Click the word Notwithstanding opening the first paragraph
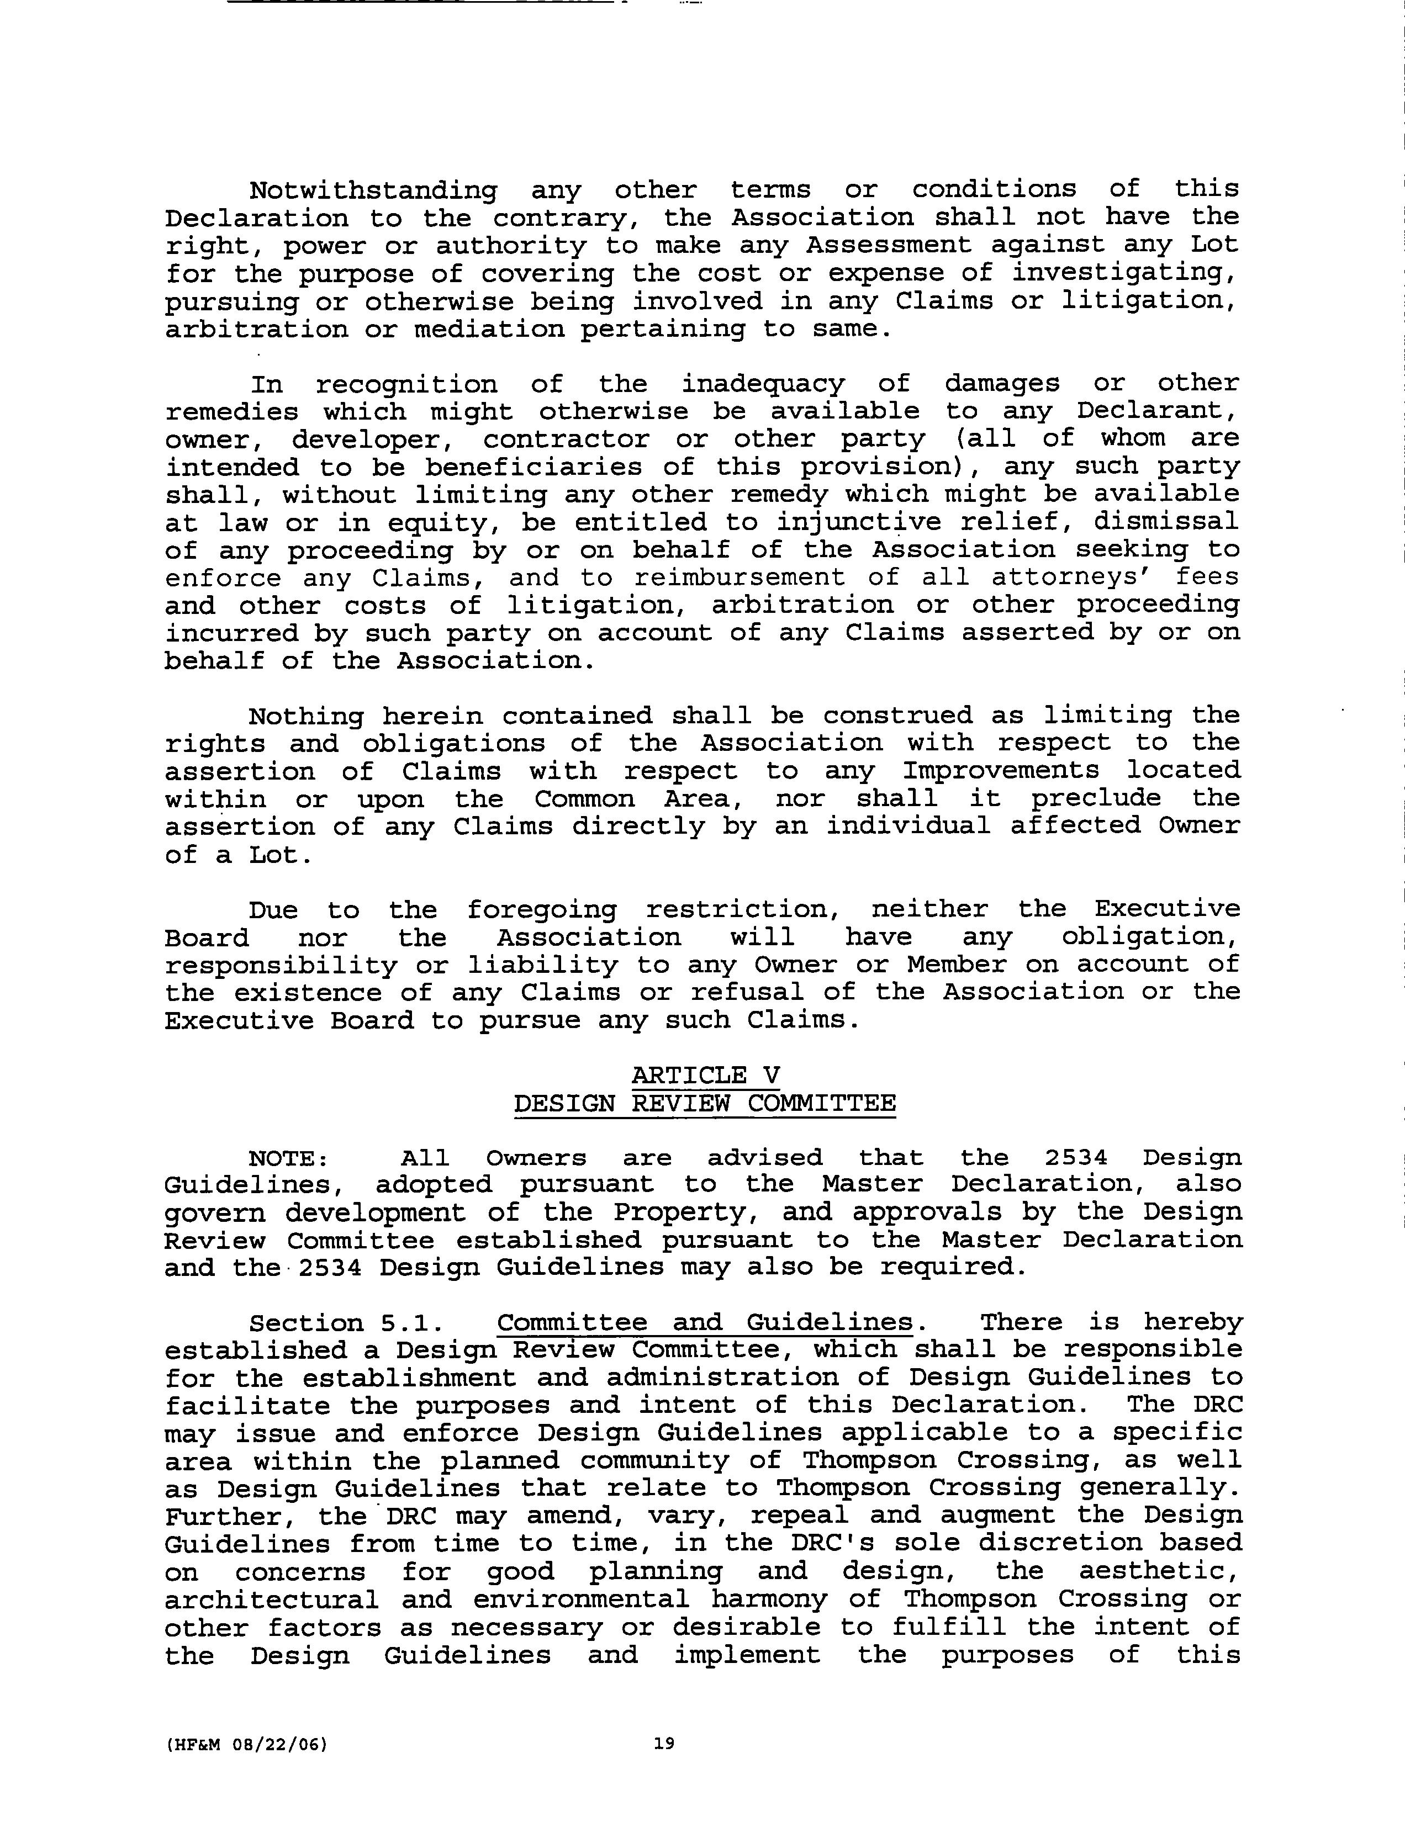(373, 191)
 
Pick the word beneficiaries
(534, 467)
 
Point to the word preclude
(1096, 798)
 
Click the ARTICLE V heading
(705, 1076)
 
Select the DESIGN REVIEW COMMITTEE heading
(705, 1104)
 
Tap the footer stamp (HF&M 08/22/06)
(247, 1744)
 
